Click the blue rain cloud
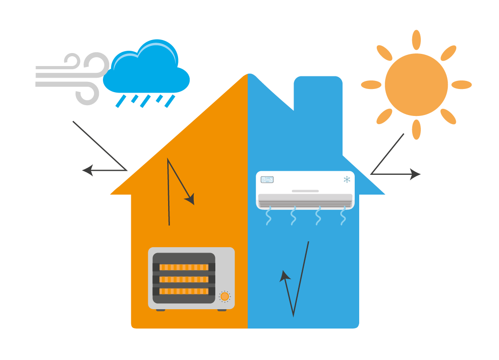[x=146, y=72]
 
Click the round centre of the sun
[x=416, y=84]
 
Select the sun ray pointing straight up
[x=416, y=40]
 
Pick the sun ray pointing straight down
[x=416, y=129]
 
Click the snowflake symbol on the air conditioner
[x=347, y=180]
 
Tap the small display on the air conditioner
[x=267, y=180]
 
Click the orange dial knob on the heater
[x=225, y=297]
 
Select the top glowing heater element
[x=184, y=267]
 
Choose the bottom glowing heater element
[x=184, y=291]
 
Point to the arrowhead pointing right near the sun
[x=415, y=174]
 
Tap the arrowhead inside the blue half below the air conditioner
[x=284, y=276]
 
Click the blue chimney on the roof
[x=318, y=99]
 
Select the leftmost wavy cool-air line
[x=269, y=216]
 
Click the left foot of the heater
[x=160, y=310]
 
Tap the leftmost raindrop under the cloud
[x=120, y=101]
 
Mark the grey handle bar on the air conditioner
[x=305, y=191]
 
